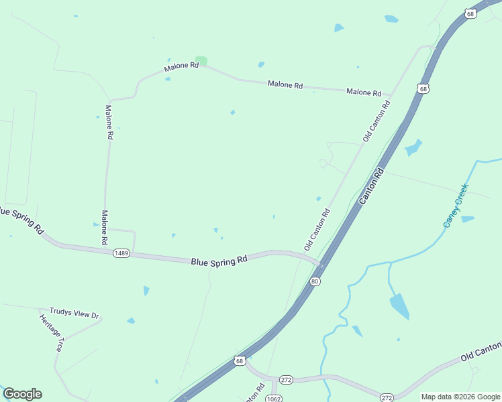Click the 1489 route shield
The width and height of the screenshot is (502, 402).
121,253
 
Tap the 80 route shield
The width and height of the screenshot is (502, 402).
315,281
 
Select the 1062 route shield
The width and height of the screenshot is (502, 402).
273,398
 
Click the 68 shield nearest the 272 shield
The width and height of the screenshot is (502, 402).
240,361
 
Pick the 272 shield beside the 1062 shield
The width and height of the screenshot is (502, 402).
285,379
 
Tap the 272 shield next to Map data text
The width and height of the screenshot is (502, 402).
387,397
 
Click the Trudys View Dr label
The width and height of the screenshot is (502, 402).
74,313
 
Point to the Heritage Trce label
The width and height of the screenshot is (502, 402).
50,332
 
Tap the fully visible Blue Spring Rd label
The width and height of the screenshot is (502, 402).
219,261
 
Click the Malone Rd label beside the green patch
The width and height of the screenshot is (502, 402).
181,67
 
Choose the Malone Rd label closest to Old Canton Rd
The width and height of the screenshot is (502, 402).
364,92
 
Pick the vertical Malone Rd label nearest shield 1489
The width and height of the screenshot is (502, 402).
105,226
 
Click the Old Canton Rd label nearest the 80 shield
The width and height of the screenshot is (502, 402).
317,230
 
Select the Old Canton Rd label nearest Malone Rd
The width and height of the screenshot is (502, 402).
376,121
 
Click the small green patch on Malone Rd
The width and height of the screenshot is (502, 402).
201,61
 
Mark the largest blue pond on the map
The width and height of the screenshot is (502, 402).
399,306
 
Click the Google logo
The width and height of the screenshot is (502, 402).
22,394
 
